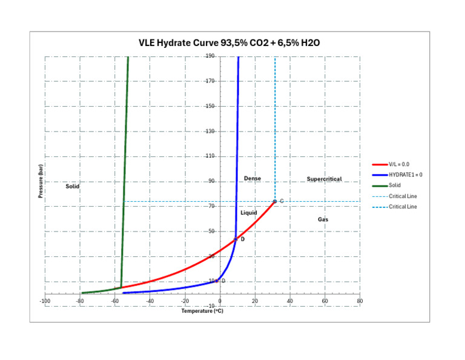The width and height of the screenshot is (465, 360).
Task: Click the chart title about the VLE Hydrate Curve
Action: (x=229, y=44)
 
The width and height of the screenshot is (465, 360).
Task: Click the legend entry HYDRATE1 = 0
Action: (x=406, y=175)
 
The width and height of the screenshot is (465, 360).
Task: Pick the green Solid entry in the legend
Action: (x=395, y=185)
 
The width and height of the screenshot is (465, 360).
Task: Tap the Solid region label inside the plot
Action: (x=73, y=187)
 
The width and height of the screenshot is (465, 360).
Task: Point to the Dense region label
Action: (x=252, y=178)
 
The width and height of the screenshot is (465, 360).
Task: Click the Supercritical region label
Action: (x=324, y=179)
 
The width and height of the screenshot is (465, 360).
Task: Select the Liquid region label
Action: (x=249, y=213)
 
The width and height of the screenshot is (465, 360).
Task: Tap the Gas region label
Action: (x=323, y=219)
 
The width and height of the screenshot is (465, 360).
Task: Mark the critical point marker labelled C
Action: (x=275, y=201)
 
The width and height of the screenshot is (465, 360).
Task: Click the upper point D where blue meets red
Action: (x=236, y=239)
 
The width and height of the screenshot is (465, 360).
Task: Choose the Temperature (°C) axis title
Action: (x=202, y=311)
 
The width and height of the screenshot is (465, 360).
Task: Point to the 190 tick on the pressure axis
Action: (x=210, y=56)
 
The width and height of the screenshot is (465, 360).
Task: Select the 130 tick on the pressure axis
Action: (x=210, y=132)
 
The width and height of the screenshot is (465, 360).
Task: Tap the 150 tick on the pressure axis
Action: (x=210, y=106)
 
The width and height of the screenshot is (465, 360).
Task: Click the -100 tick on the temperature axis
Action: (x=45, y=301)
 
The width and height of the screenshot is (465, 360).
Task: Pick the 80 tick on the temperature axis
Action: (x=360, y=301)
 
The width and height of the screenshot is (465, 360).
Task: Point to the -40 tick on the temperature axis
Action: (x=150, y=301)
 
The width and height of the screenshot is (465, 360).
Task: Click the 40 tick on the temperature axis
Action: (x=290, y=301)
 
